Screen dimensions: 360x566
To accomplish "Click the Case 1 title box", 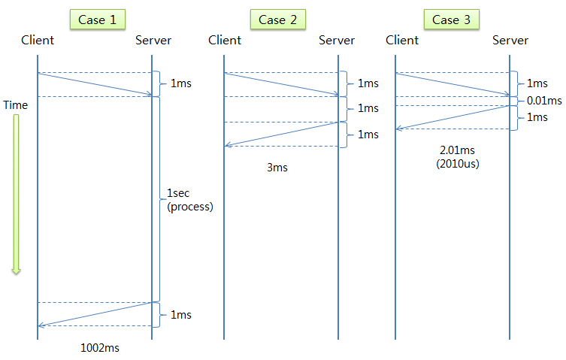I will (x=97, y=20).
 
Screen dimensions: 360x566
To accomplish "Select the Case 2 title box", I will (x=277, y=20).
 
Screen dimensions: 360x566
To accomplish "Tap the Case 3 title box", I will (x=452, y=20).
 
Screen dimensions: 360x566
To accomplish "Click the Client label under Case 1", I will (x=38, y=40).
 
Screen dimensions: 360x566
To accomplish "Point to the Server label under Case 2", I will (x=337, y=40).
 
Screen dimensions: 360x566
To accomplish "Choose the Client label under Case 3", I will (x=401, y=40).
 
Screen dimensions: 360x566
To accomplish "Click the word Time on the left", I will (x=15, y=105).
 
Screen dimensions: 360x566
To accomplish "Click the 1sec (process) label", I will (x=189, y=200).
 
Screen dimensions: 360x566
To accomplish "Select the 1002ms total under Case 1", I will (x=99, y=348).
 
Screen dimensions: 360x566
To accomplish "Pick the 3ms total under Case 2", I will (x=277, y=168).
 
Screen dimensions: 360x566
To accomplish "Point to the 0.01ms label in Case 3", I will (x=544, y=101).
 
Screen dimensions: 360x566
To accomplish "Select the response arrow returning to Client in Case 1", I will (x=95, y=314).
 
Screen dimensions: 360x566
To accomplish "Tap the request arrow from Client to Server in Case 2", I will (x=281, y=84).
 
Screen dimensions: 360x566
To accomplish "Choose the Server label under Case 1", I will (x=153, y=40).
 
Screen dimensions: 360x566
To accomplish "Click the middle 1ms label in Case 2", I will (x=368, y=108).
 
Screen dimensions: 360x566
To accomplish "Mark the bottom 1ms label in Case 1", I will (x=180, y=314).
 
